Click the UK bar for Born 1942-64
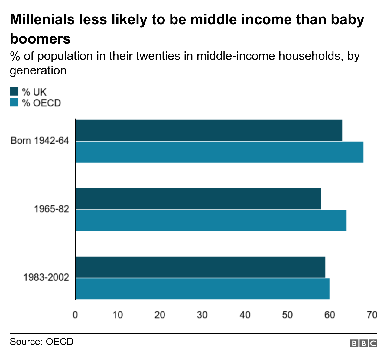209,130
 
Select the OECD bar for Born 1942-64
219,152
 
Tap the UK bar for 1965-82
198,199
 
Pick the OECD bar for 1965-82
211,221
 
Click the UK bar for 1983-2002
200,267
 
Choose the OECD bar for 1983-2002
202,289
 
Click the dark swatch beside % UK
14,92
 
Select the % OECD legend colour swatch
14,103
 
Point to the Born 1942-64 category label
40,141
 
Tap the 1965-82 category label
51,209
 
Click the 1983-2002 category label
46,277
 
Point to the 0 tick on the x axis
75,315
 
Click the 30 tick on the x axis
202,315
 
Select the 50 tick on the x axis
287,315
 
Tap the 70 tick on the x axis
372,315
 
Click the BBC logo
363,343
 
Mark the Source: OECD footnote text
42,342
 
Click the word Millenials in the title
42,20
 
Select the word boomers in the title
40,39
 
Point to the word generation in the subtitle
38,70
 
